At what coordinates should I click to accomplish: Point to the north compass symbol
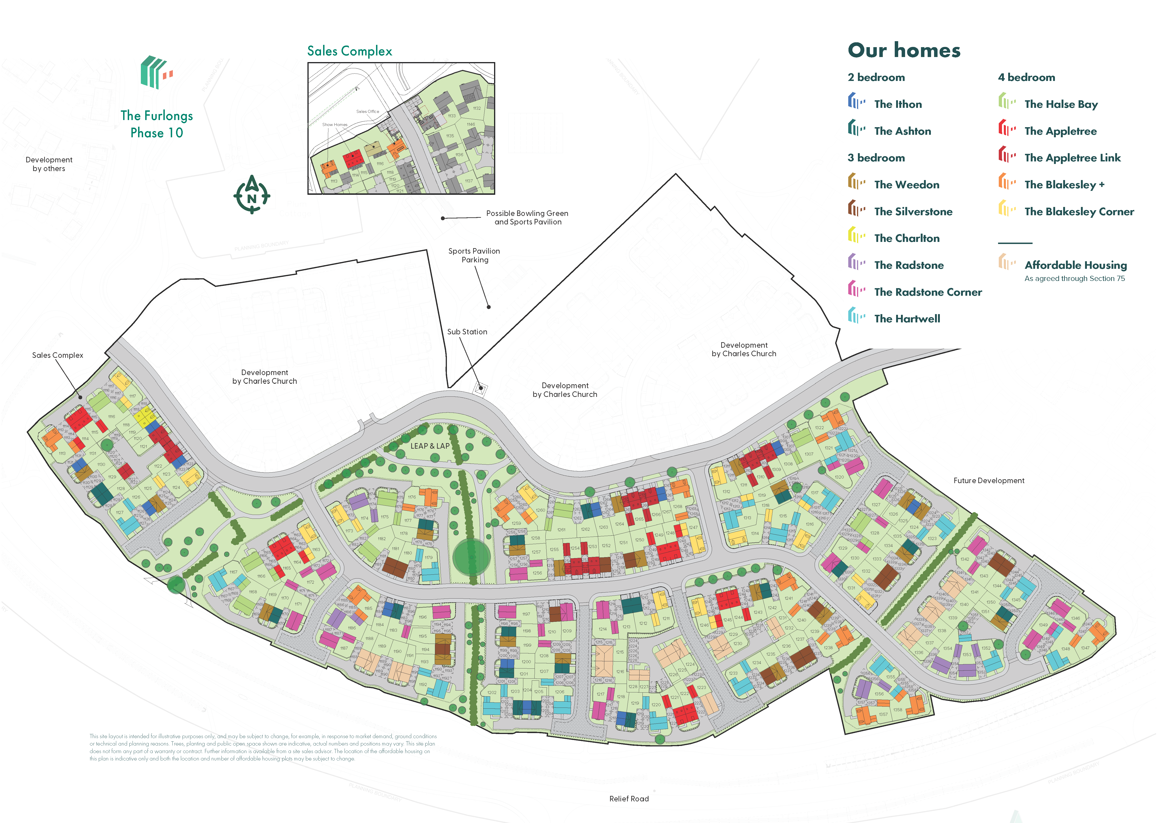click(252, 195)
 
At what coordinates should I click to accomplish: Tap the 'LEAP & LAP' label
click(430, 446)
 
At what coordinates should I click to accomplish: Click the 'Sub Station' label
click(467, 332)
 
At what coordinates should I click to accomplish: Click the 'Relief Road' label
click(629, 799)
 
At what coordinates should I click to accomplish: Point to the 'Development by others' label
click(49, 164)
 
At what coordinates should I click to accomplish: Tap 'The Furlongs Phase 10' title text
click(157, 124)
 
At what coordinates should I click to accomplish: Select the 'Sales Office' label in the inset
click(368, 112)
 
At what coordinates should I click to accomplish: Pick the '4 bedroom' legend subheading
click(1026, 77)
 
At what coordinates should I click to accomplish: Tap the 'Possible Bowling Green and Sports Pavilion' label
click(527, 217)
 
